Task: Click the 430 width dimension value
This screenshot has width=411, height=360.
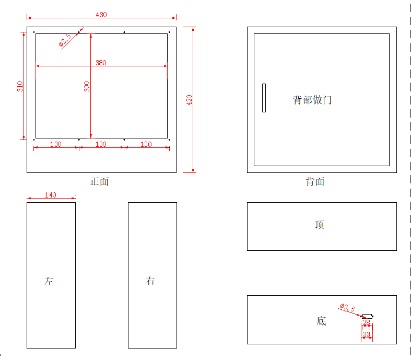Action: click(101, 15)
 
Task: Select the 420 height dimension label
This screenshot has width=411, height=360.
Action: click(190, 99)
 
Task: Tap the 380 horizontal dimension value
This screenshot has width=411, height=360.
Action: click(101, 63)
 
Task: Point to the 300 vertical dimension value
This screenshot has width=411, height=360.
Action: click(87, 86)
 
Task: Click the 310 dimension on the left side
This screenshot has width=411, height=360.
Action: click(20, 86)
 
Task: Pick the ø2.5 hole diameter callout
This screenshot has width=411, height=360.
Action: click(65, 41)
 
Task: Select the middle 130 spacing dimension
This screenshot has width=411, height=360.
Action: click(101, 144)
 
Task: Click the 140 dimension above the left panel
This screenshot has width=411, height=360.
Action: click(51, 195)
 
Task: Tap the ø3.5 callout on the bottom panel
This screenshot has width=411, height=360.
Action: click(347, 307)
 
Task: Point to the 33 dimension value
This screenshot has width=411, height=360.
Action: click(367, 334)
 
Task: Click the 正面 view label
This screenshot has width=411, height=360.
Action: click(100, 182)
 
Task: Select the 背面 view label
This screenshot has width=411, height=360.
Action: click(315, 182)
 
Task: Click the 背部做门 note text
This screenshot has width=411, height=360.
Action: click(312, 100)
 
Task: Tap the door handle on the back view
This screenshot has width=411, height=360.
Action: click(264, 98)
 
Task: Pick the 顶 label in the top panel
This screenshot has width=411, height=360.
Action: click(320, 225)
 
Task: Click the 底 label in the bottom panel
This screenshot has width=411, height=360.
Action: click(321, 321)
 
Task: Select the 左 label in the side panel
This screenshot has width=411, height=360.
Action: click(49, 282)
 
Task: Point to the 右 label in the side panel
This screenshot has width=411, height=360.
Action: click(150, 281)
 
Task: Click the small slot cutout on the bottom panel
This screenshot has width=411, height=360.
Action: click(368, 316)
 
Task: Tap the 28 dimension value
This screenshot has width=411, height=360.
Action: click(367, 323)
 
